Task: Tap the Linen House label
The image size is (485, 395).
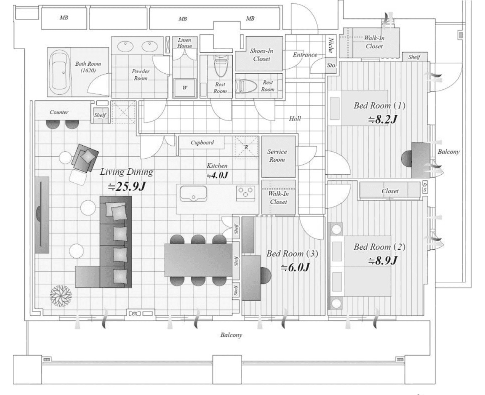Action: pyautogui.click(x=185, y=43)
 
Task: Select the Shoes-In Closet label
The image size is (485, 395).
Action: pyautogui.click(x=262, y=55)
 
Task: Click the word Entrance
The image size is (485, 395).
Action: pyautogui.click(x=305, y=55)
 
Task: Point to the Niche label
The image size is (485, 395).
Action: pyautogui.click(x=330, y=45)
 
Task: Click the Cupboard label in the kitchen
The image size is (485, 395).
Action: pyautogui.click(x=202, y=143)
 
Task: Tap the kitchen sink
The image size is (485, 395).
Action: pyautogui.click(x=194, y=194)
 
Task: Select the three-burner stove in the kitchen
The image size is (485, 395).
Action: pyautogui.click(x=245, y=192)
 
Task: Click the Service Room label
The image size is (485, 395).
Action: pyautogui.click(x=277, y=155)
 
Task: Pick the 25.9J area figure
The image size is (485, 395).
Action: pyautogui.click(x=126, y=187)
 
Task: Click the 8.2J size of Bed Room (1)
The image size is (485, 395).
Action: pyautogui.click(x=382, y=120)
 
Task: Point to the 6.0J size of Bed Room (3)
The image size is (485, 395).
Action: pyautogui.click(x=295, y=267)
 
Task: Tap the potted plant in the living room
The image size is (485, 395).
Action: pyautogui.click(x=61, y=296)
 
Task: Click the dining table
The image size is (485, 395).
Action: pyautogui.click(x=198, y=260)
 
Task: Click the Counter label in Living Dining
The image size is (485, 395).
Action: pyautogui.click(x=59, y=112)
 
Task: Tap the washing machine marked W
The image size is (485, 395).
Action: pyautogui.click(x=185, y=88)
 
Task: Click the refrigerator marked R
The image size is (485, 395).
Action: pyautogui.click(x=246, y=147)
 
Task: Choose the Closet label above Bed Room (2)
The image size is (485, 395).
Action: pyautogui.click(x=390, y=191)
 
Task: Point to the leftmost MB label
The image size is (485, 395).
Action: pyautogui.click(x=64, y=18)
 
